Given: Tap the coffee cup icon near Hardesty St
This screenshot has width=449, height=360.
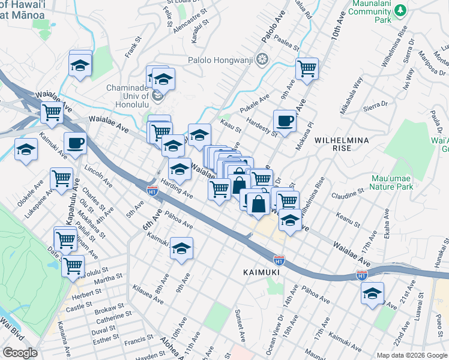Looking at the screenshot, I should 285,121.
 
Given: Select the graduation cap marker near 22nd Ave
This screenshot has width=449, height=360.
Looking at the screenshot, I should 372,293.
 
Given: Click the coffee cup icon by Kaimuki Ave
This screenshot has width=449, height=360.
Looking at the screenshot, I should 76,143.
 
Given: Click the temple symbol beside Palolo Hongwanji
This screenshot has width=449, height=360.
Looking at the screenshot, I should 261,59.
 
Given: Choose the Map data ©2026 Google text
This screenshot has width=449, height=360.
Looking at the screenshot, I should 411,355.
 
